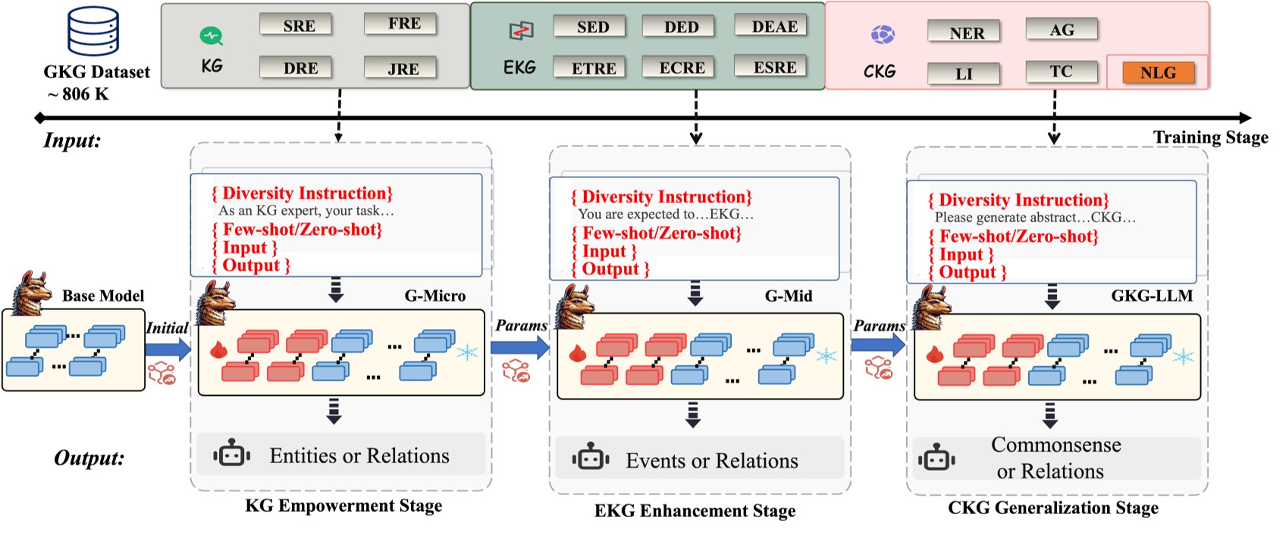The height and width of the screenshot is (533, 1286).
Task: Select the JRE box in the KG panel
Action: pos(402,68)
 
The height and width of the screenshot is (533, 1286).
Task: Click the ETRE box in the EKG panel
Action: pos(593,68)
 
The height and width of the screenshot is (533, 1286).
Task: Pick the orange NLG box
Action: pos(1157,73)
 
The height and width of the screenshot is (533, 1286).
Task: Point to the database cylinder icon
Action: pos(93,31)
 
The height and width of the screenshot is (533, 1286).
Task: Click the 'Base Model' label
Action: pos(103,296)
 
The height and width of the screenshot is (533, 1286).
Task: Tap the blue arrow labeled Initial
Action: pos(168,348)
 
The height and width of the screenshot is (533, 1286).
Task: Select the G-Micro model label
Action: pos(434,296)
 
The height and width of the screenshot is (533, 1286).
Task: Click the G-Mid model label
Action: pos(788,296)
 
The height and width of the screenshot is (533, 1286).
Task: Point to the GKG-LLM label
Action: pos(1151,296)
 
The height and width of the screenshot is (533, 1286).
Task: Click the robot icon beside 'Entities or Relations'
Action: pos(232,455)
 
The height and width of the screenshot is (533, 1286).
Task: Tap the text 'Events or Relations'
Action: pos(711,461)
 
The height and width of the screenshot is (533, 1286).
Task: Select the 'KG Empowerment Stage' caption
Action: pos(343,506)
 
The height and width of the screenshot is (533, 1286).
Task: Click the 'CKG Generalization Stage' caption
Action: pos(1052,508)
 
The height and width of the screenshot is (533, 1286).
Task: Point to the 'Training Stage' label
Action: pos(1210,137)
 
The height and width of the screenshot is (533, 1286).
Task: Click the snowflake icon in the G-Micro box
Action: pos(467,352)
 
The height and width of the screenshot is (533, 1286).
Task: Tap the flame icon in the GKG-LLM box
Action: pos(934,354)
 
